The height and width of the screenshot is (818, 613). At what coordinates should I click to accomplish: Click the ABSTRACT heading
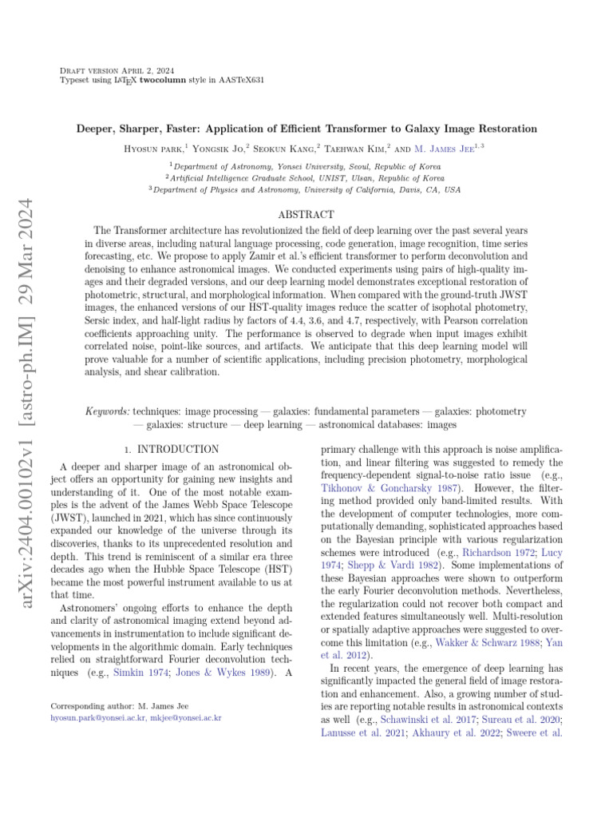tap(306, 215)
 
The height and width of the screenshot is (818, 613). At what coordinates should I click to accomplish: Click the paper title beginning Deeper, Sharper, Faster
tap(306, 129)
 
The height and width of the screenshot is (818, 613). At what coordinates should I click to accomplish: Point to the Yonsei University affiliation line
tap(306, 166)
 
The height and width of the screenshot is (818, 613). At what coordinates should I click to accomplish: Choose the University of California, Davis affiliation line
tap(306, 190)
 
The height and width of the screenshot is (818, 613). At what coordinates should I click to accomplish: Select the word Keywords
tap(107, 411)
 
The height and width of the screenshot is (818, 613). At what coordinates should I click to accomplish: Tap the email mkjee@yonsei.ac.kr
tap(186, 718)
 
